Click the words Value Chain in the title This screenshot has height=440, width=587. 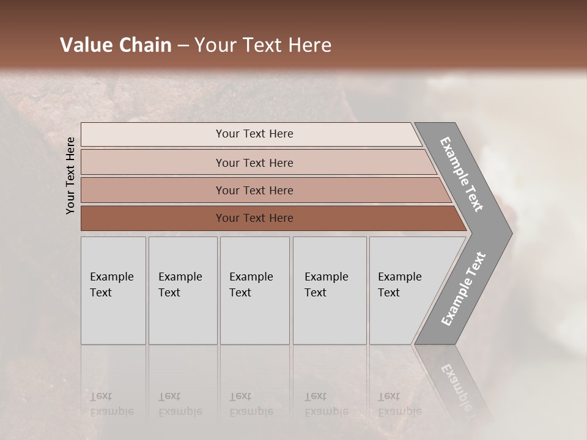[116, 45]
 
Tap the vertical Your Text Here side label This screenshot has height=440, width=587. [71, 175]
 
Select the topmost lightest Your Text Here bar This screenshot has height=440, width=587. [254, 134]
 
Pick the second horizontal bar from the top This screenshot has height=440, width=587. [254, 163]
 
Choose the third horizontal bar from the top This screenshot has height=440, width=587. [254, 191]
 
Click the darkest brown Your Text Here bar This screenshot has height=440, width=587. [254, 218]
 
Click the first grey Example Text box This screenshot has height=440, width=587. [113, 290]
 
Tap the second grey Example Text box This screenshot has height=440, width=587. [182, 290]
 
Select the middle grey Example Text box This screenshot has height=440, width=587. [254, 290]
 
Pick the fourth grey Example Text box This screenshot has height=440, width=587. [330, 290]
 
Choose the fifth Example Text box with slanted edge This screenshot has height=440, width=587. [404, 290]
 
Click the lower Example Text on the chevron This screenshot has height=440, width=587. [463, 288]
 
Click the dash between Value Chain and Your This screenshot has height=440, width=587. [183, 46]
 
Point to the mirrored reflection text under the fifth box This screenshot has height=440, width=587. [399, 404]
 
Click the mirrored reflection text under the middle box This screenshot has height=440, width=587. [251, 404]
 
